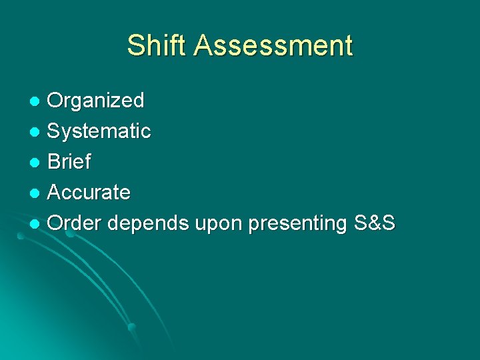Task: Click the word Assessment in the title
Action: tap(273, 45)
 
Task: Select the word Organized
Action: tap(96, 101)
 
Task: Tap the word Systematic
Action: tap(99, 131)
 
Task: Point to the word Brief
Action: tap(69, 162)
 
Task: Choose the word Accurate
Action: tap(89, 193)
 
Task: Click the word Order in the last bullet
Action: tap(75, 223)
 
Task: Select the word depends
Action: tap(147, 223)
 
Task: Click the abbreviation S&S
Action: tap(375, 223)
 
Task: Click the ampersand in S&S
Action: tap(375, 223)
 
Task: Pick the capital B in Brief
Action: tap(55, 162)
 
